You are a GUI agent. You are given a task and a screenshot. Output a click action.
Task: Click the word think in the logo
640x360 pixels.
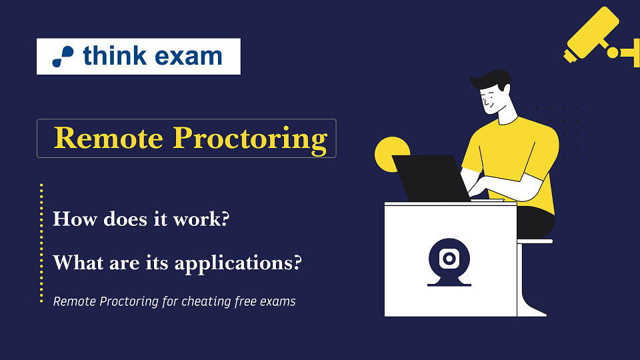click(115, 55)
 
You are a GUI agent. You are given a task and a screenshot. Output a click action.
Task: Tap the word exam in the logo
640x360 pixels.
click(189, 57)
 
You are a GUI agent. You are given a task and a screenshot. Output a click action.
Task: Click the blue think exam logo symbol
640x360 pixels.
click(63, 56)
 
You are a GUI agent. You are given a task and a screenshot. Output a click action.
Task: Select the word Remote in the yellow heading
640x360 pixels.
click(109, 138)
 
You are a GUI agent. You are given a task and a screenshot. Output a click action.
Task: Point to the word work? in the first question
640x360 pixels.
click(201, 219)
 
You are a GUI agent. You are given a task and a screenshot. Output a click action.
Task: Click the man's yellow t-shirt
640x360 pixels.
click(513, 155)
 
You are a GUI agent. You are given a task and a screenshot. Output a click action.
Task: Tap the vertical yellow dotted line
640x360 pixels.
click(41, 243)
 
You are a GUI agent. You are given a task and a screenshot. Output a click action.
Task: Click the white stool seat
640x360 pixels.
click(535, 241)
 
